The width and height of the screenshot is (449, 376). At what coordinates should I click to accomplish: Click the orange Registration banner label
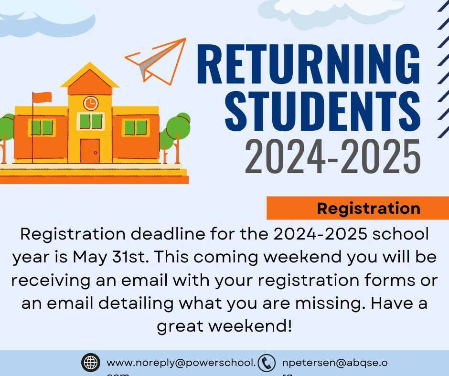coord(368,209)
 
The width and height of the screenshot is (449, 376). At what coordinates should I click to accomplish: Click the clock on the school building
coord(90,103)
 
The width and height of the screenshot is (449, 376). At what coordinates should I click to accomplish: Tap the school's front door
coord(90,151)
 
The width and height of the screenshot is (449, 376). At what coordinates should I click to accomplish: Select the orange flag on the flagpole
coord(43,97)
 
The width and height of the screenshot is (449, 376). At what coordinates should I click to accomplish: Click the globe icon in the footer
coord(90,363)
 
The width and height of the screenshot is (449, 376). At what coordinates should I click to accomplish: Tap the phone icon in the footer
coord(267,363)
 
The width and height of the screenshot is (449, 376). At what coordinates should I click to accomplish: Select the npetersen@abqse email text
coord(334,363)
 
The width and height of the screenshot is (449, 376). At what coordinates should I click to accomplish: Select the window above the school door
coord(90,121)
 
